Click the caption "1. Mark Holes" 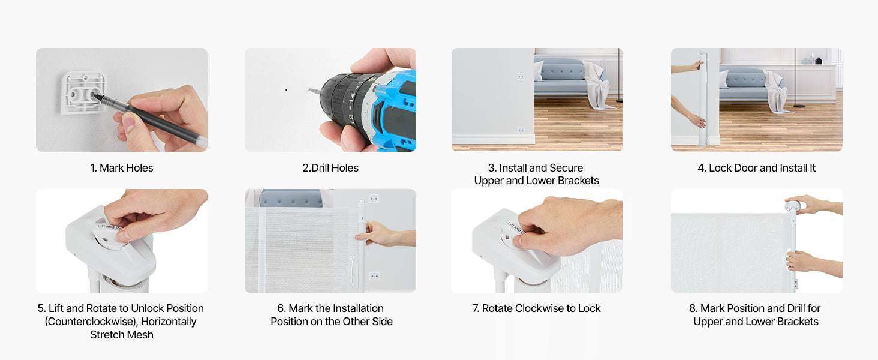tap(122, 168)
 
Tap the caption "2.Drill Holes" tap(330, 168)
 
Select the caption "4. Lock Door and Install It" tap(756, 168)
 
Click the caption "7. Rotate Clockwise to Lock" tap(536, 308)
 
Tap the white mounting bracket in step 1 tap(84, 93)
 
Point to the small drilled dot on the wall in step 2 tap(286, 90)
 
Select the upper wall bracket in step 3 tap(521, 76)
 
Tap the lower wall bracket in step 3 tap(521, 130)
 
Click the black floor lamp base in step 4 tap(799, 106)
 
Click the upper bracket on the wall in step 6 tap(374, 199)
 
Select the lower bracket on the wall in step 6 tap(374, 276)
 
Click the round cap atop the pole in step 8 tap(793, 205)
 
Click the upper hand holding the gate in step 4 tap(687, 67)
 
